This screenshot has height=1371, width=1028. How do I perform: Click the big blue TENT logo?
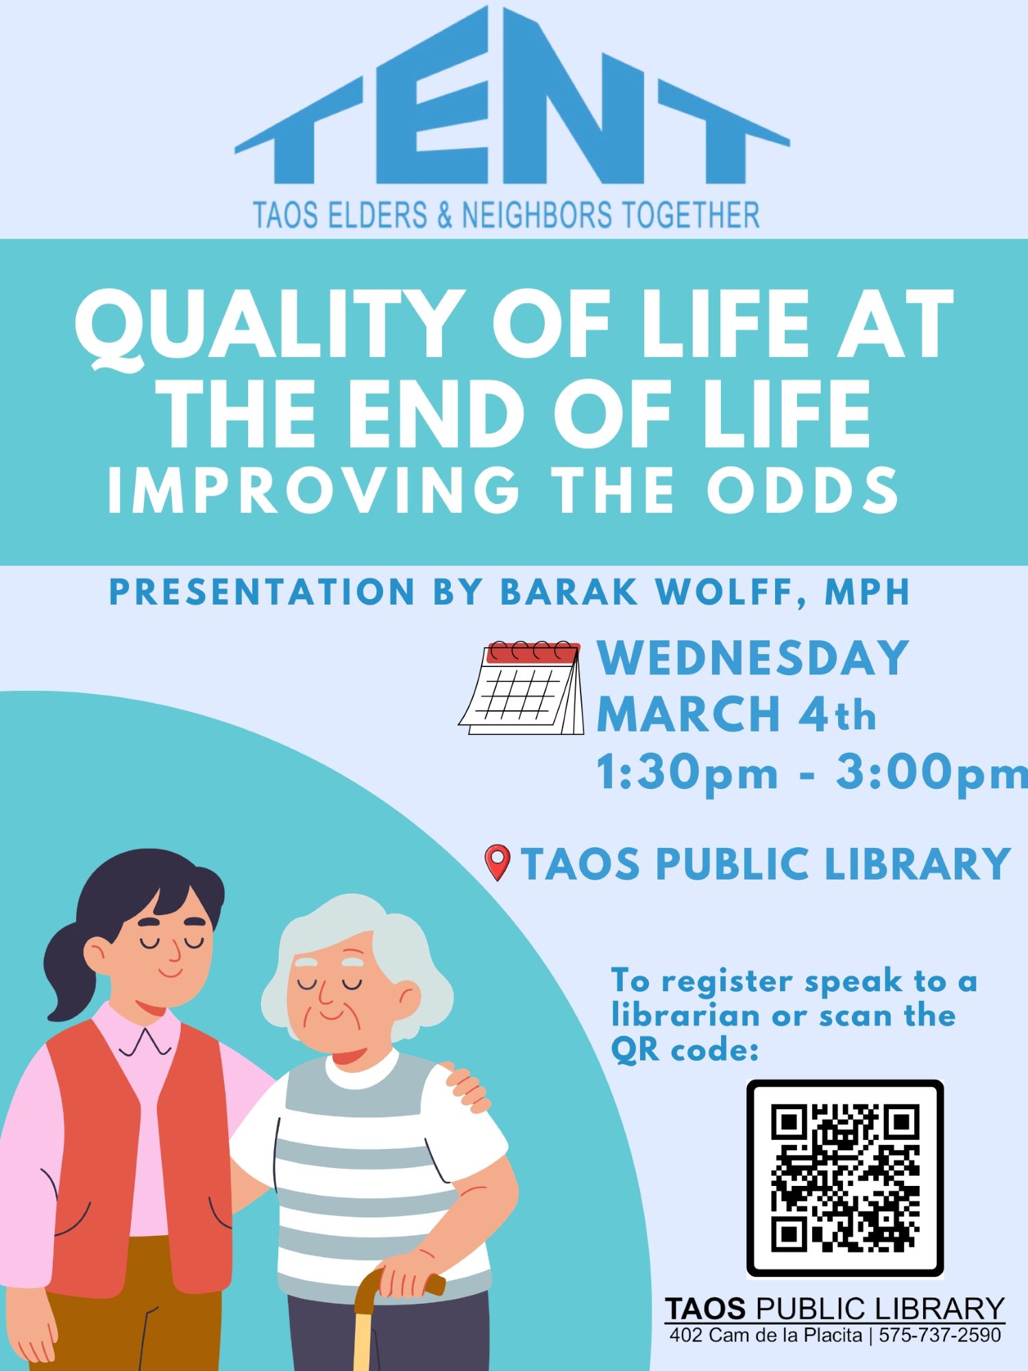pyautogui.click(x=513, y=96)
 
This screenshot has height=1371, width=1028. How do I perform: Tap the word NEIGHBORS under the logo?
pyautogui.click(x=537, y=215)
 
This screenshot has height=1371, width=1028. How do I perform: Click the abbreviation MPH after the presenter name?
pyautogui.click(x=866, y=592)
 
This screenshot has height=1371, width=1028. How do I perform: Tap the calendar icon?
pyautogui.click(x=522, y=688)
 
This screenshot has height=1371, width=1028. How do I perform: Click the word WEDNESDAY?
pyautogui.click(x=752, y=658)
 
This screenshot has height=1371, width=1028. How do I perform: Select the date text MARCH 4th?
pyautogui.click(x=737, y=715)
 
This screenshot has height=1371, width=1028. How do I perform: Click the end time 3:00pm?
pyautogui.click(x=931, y=773)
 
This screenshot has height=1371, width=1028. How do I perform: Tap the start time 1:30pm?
pyautogui.click(x=687, y=773)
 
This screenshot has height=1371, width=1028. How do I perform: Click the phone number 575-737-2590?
pyautogui.click(x=940, y=1335)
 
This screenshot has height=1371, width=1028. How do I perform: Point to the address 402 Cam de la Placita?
pyautogui.click(x=766, y=1335)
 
